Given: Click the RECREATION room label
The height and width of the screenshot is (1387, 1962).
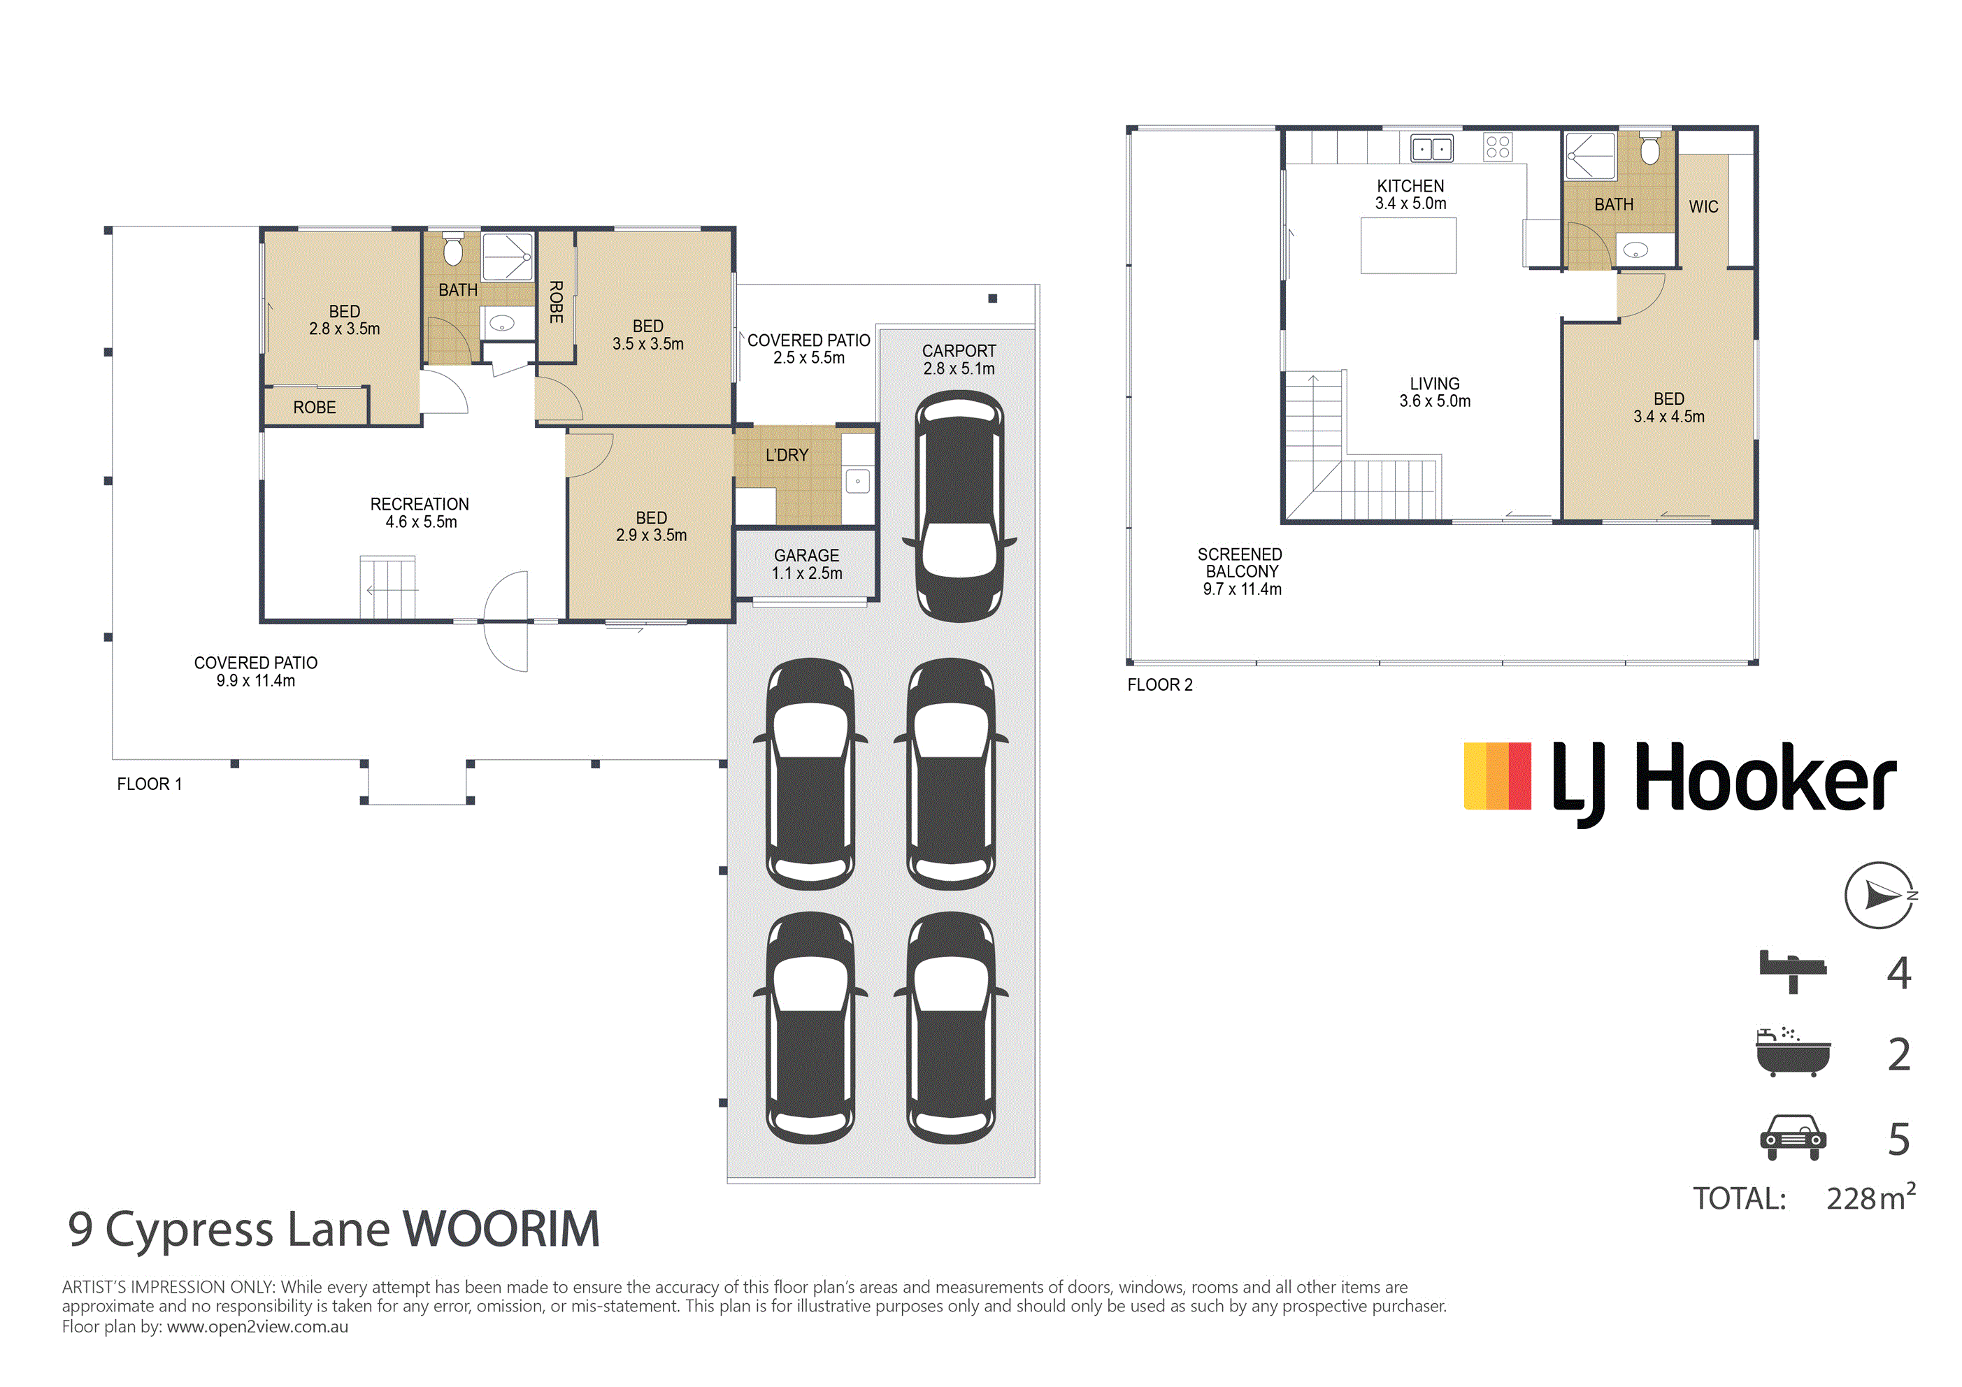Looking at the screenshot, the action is [420, 504].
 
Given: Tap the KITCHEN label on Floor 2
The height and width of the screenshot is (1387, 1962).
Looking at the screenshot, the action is [1411, 186].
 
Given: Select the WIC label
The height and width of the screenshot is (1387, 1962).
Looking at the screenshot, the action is [1703, 207].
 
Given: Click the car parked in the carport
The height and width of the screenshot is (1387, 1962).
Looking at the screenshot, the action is [959, 507].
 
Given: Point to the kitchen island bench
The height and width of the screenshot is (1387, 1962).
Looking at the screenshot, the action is [1408, 245].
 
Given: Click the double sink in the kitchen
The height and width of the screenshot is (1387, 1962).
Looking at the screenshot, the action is [1432, 149].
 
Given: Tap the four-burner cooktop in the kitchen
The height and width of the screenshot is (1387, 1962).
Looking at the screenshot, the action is [1497, 147].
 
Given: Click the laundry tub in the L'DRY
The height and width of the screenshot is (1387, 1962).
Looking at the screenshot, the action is [858, 481].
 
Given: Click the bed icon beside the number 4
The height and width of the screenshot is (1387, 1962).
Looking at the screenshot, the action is [1793, 972].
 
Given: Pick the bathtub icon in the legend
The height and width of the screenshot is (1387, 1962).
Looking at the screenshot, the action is [1793, 1052].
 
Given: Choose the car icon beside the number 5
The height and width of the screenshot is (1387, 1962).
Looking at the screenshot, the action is [1793, 1137].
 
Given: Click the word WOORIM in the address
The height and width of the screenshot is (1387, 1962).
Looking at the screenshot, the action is [501, 1230].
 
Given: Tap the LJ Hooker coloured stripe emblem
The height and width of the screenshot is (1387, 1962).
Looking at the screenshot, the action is [1497, 776].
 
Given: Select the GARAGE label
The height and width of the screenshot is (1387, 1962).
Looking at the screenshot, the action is [807, 556].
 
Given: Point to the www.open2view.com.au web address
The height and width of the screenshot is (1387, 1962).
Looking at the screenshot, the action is [257, 1327].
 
